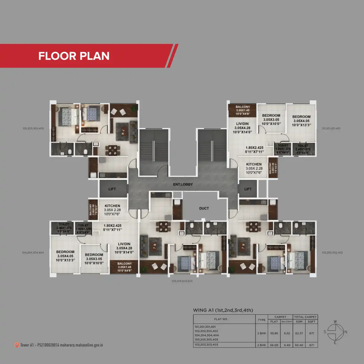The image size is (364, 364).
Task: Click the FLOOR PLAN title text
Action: click(x=74, y=56)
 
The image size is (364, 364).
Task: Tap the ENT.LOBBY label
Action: click(x=183, y=184)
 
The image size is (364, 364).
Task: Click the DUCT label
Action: click(x=204, y=208)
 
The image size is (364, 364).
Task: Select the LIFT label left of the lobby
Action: click(x=112, y=189)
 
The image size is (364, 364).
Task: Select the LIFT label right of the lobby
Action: click(x=248, y=189)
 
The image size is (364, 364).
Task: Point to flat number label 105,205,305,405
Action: click(x=33, y=128)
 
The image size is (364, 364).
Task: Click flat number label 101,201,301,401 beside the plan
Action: click(x=331, y=128)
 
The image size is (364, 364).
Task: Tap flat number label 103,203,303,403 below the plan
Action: click(x=182, y=281)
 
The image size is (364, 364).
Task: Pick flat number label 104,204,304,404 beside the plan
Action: click(x=33, y=253)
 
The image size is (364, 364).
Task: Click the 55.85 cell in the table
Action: click(x=274, y=333)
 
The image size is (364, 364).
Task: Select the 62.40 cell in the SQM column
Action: click(x=299, y=345)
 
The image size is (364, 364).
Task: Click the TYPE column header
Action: click(x=262, y=320)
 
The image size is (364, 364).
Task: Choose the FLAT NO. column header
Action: click(x=221, y=319)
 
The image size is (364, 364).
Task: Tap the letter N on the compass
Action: click(x=346, y=332)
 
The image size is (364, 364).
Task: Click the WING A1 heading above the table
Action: click(x=223, y=310)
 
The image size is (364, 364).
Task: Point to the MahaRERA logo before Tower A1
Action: click(x=17, y=345)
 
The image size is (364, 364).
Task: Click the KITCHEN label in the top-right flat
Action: click(x=254, y=164)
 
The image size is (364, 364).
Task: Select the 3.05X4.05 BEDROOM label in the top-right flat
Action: click(x=301, y=121)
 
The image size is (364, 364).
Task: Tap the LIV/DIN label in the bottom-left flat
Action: click(x=124, y=244)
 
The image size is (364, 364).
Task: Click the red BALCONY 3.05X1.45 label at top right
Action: click(x=243, y=110)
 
